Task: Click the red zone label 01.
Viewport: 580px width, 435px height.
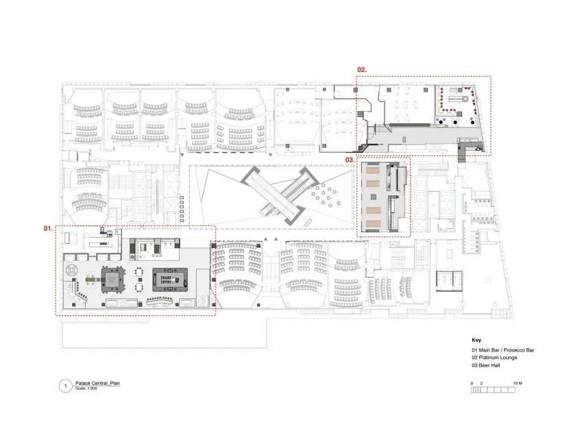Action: (x=49, y=228)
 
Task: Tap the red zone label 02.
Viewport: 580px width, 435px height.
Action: (x=362, y=69)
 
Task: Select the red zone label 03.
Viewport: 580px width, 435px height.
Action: (x=350, y=160)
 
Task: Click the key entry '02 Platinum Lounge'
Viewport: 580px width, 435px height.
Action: (x=494, y=358)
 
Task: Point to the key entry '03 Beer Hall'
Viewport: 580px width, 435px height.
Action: (x=485, y=365)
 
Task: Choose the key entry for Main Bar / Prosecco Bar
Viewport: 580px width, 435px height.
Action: (x=503, y=349)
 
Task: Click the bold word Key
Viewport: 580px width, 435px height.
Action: (x=476, y=340)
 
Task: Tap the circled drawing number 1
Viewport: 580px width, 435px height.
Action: (x=65, y=386)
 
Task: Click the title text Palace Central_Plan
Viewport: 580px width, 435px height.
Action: (x=97, y=383)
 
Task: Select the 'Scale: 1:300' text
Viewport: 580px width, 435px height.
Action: (x=86, y=388)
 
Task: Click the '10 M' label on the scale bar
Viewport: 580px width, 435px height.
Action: (x=518, y=383)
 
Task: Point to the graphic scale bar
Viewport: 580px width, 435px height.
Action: (x=493, y=390)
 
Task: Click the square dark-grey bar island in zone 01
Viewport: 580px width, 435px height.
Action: (x=113, y=279)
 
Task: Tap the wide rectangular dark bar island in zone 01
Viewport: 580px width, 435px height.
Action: (x=170, y=279)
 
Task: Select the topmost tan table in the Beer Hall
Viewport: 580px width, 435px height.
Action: (x=373, y=171)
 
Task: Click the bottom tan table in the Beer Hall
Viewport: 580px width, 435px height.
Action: (x=373, y=223)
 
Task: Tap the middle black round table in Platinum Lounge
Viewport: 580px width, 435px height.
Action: (x=455, y=121)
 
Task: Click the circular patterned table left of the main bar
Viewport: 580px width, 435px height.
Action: (x=71, y=269)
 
